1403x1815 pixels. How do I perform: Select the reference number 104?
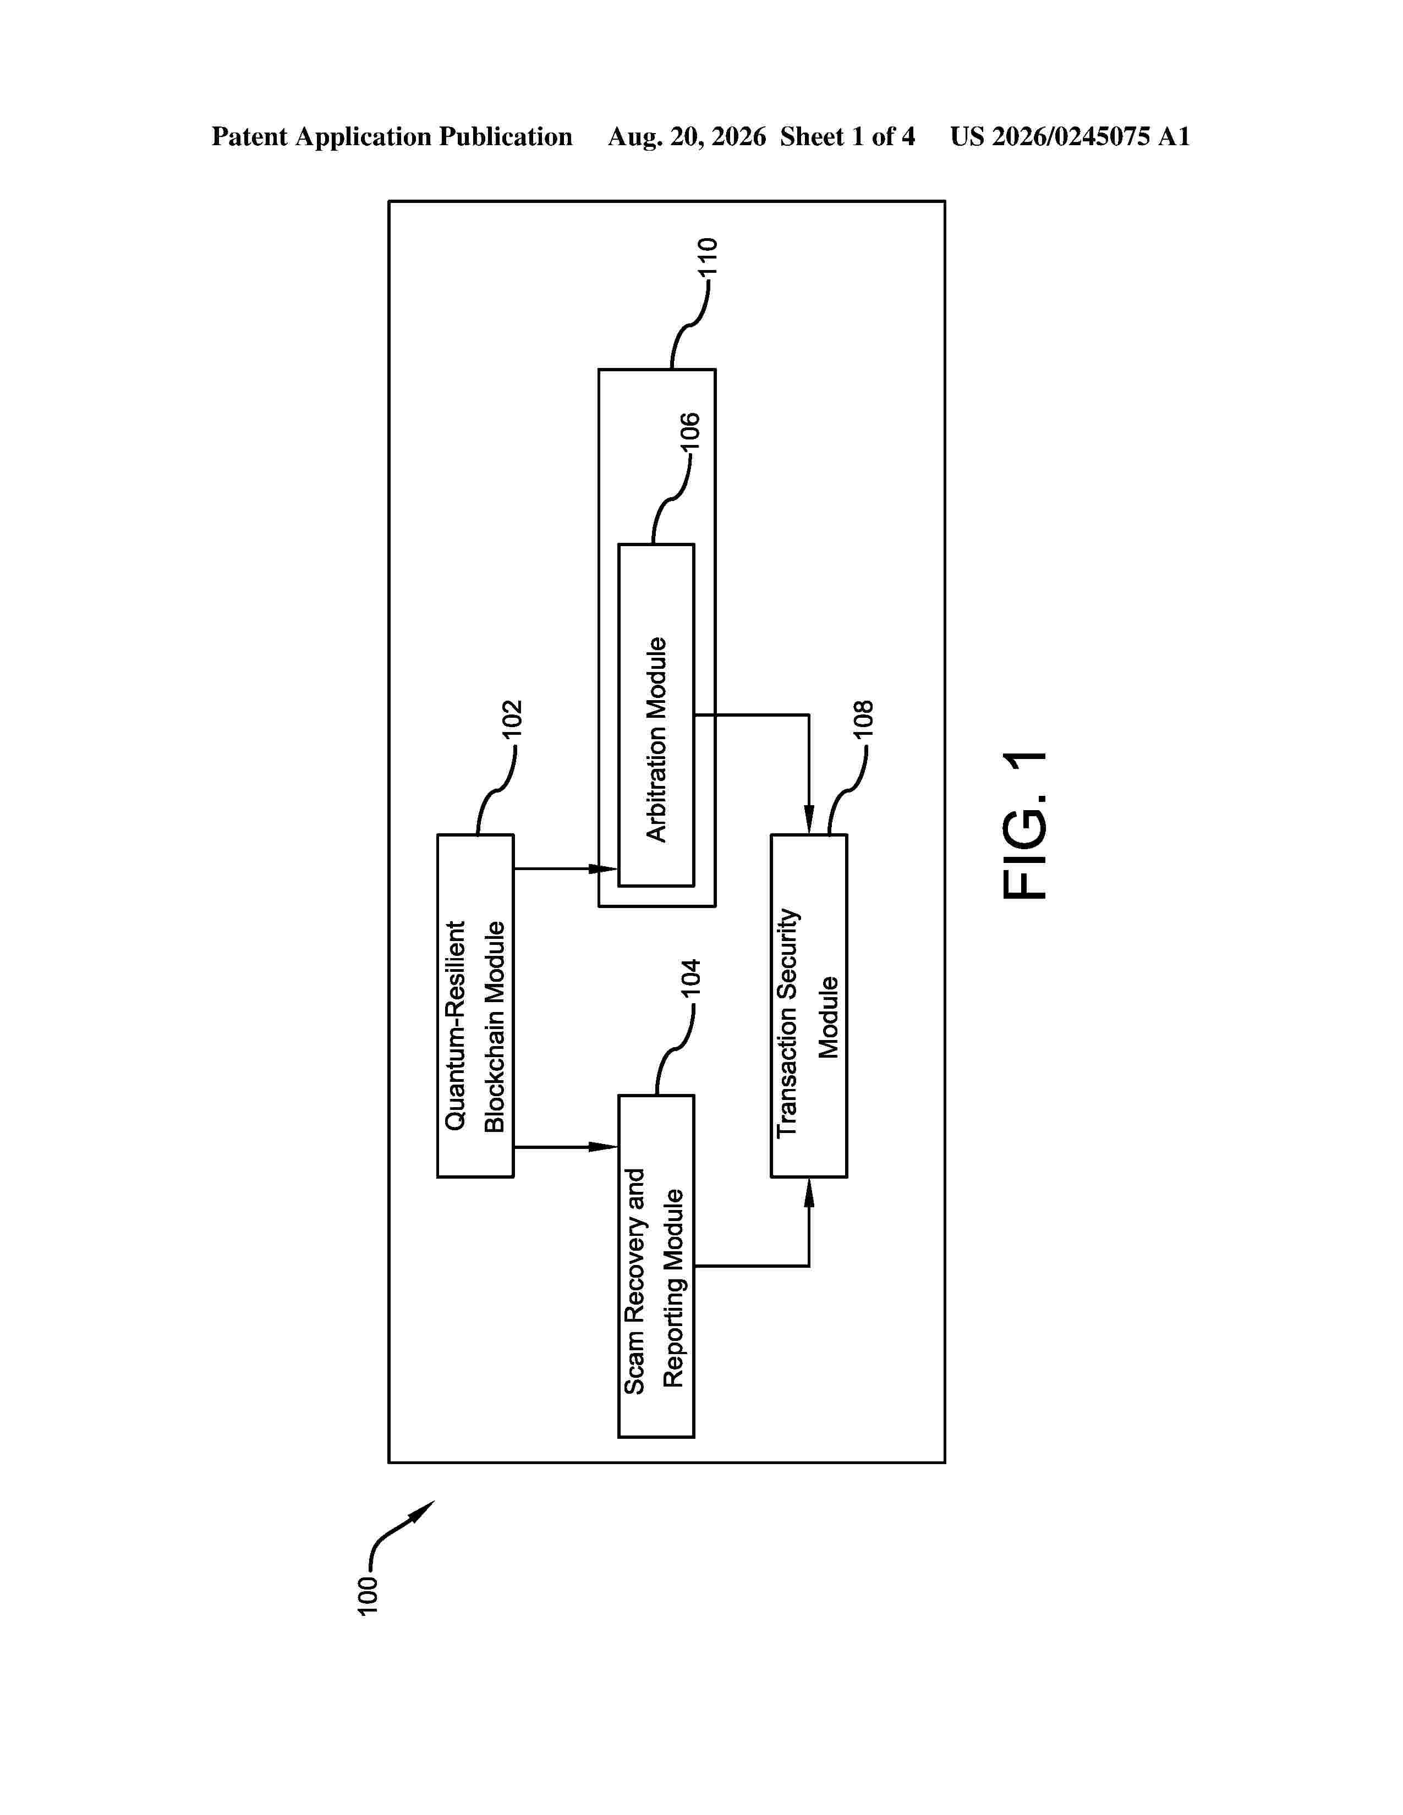(x=690, y=978)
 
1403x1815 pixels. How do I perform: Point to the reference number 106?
(x=690, y=431)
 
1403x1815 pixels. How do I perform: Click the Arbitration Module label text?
(x=656, y=740)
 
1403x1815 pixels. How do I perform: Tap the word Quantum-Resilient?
(x=454, y=1026)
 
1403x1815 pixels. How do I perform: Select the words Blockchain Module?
(x=495, y=1026)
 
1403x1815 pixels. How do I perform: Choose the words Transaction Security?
(x=787, y=1023)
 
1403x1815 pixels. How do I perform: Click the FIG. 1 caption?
(x=1025, y=825)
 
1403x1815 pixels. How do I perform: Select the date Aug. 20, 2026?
(x=687, y=137)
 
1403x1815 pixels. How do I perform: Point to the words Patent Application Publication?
(x=392, y=137)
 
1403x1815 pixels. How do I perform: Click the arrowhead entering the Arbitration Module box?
(x=604, y=868)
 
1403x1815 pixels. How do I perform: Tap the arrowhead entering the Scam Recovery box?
(x=604, y=1147)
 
